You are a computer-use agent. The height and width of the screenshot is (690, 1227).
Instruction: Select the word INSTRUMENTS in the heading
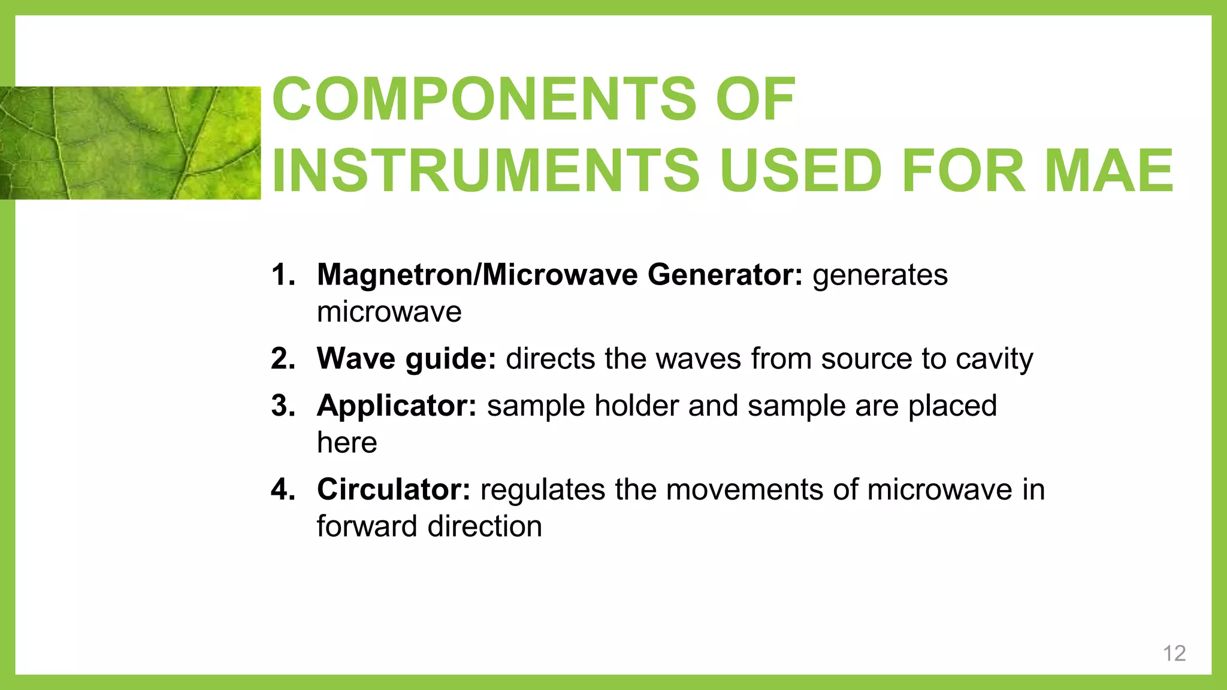(x=485, y=171)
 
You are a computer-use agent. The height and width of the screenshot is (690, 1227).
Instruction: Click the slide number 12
(x=1174, y=653)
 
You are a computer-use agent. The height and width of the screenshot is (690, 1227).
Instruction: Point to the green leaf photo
(x=130, y=143)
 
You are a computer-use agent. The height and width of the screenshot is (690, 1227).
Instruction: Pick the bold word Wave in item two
(x=356, y=359)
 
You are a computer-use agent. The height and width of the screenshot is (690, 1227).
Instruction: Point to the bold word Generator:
(x=724, y=275)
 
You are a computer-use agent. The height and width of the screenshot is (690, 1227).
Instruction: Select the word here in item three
(x=347, y=443)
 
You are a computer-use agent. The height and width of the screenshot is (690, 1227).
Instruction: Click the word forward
(x=367, y=526)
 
